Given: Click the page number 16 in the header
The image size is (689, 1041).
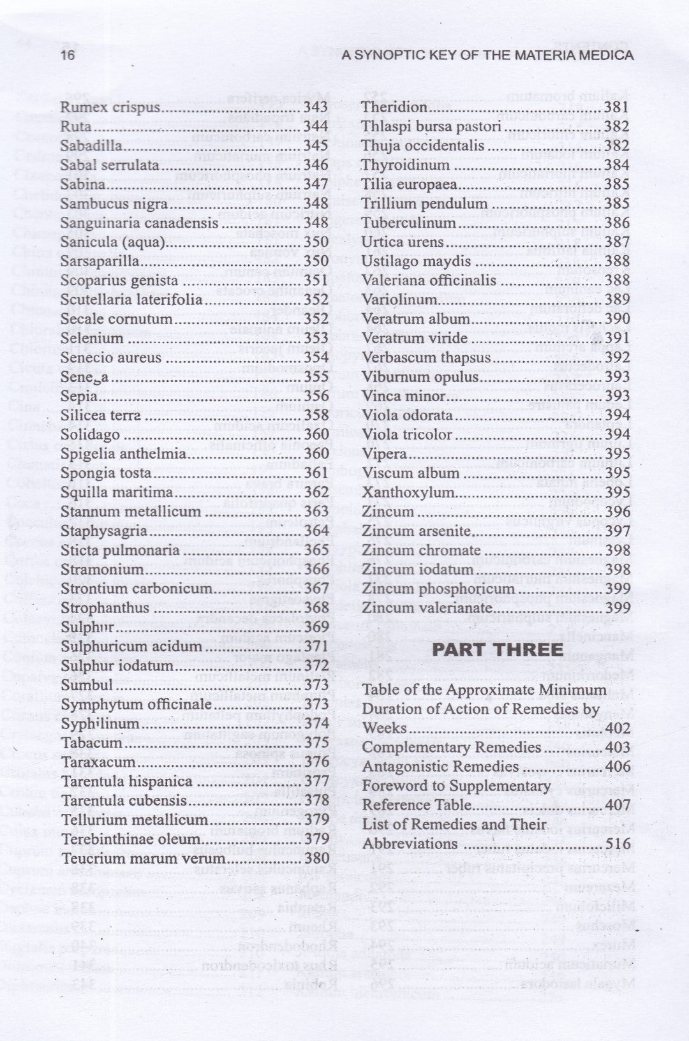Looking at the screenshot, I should click(x=67, y=55).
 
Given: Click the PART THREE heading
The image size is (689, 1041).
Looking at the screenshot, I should click(x=498, y=649).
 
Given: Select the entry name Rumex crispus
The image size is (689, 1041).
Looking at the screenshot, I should click(x=110, y=107).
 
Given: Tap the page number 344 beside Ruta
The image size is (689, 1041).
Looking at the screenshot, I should click(x=316, y=126).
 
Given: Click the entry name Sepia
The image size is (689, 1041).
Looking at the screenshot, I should click(x=79, y=396).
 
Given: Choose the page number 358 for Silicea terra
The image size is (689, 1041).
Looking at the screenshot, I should click(x=316, y=415).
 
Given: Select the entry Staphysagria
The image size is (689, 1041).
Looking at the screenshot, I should click(x=103, y=531).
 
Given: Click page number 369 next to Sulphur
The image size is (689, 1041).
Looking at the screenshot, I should click(x=316, y=627).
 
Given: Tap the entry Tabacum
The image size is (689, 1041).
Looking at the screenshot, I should click(x=91, y=743).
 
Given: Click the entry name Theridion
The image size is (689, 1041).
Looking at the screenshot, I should click(x=394, y=107).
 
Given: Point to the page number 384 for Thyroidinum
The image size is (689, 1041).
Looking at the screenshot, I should click(x=617, y=165).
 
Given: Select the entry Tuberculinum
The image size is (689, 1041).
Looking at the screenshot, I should click(x=408, y=223).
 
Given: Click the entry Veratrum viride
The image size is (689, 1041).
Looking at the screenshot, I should click(x=415, y=339).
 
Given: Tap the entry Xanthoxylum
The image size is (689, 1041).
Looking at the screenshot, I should click(x=408, y=492).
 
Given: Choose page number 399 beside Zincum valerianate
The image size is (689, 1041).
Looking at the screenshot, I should click(x=617, y=608).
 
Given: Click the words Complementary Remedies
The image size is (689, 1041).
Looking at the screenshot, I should click(x=452, y=748).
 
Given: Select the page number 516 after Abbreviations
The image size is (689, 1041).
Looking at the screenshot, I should click(x=617, y=844).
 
